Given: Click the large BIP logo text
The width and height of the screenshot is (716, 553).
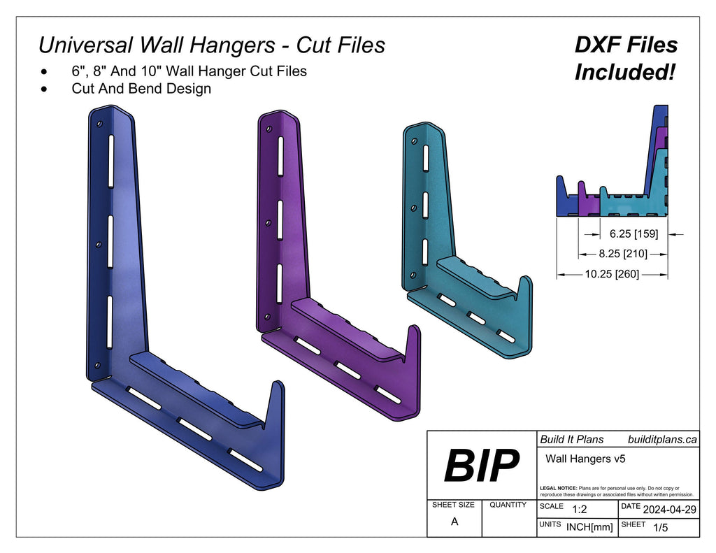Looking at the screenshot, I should click(x=482, y=466).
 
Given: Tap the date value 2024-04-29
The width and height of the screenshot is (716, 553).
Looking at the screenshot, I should click(x=669, y=510).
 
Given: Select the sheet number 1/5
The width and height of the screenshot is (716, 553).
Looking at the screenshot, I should click(x=659, y=528).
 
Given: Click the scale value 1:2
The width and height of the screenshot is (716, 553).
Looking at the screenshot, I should click(x=579, y=510).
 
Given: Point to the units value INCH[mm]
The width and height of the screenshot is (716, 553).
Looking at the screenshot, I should click(x=589, y=527).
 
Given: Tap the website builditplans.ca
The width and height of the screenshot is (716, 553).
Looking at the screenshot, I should click(x=662, y=439).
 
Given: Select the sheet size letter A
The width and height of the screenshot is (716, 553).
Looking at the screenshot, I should click(x=454, y=522).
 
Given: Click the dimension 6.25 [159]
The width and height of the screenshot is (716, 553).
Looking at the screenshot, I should click(x=633, y=234).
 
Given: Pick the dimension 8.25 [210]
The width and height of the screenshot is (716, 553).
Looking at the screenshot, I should click(x=623, y=254).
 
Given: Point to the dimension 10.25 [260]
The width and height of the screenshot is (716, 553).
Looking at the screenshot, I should click(x=613, y=274).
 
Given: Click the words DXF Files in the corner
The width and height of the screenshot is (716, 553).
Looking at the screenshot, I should click(x=626, y=45).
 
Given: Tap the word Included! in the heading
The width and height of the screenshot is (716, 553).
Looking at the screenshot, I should click(x=625, y=72).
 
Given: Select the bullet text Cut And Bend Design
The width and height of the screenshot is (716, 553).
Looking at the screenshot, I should click(x=141, y=89).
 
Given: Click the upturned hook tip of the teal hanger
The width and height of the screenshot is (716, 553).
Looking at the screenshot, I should click(x=527, y=280).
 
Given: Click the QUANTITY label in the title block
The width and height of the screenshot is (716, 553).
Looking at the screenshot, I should click(x=508, y=505).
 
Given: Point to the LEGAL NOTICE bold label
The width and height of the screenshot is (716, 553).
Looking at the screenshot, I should click(x=559, y=488).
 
